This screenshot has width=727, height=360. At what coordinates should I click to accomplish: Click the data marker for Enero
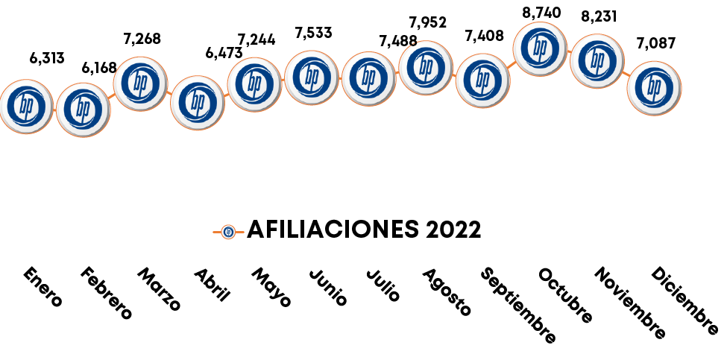pyautogui.click(x=27, y=107)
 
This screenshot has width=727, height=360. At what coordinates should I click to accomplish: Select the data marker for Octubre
pyautogui.click(x=541, y=48)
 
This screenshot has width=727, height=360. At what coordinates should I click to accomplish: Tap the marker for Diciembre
pyautogui.click(x=655, y=87)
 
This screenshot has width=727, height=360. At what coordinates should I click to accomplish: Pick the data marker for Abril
pyautogui.click(x=198, y=102)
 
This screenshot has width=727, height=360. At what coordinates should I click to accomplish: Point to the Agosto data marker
pyautogui.click(x=426, y=67)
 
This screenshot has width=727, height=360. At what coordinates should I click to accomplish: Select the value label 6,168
pyautogui.click(x=99, y=68)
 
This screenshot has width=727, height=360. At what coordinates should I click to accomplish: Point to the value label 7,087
pyautogui.click(x=655, y=42)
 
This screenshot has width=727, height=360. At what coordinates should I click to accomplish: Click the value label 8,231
pyautogui.click(x=599, y=16)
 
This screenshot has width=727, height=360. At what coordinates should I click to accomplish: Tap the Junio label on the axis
pyautogui.click(x=328, y=288)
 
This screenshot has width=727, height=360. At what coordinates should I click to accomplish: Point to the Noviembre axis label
pyautogui.click(x=629, y=303)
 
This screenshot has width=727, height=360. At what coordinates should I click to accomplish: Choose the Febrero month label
pyautogui.click(x=106, y=293)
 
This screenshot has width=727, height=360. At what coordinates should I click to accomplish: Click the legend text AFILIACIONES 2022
pyautogui.click(x=363, y=230)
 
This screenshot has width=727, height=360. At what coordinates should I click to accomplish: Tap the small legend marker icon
pyautogui.click(x=228, y=231)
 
